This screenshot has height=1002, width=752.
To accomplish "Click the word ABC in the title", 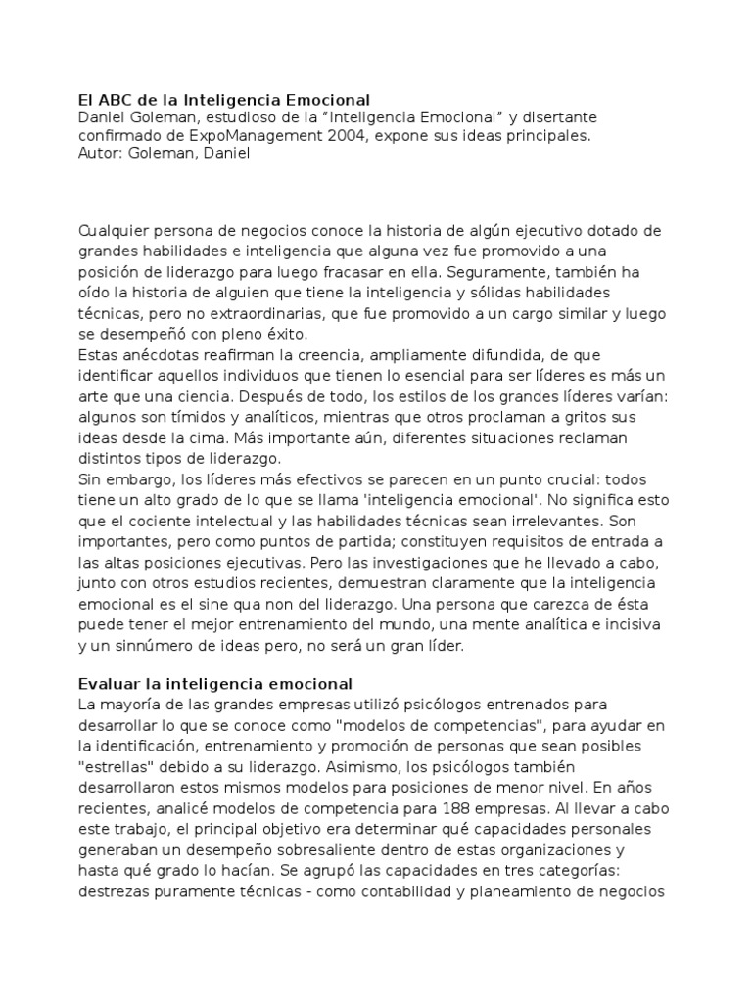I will [x=114, y=100].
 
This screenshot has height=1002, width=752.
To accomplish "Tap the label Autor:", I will [x=101, y=154].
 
